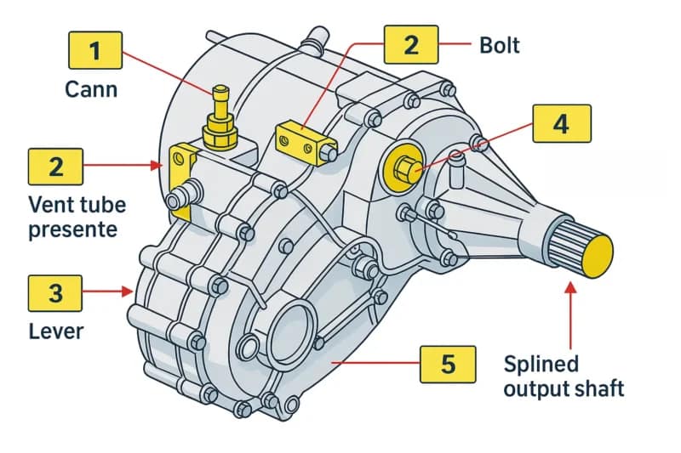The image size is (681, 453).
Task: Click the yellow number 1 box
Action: (94, 50)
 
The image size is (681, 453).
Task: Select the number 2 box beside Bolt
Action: (411, 43)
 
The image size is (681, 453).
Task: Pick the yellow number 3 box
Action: (55, 293)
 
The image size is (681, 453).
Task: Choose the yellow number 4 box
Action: (560, 124)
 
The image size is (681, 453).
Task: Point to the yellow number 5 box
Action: (448, 364)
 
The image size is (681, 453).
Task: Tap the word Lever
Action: (55, 330)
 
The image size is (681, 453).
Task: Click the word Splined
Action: (541, 364)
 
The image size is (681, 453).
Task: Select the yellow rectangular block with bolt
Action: (304, 139)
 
